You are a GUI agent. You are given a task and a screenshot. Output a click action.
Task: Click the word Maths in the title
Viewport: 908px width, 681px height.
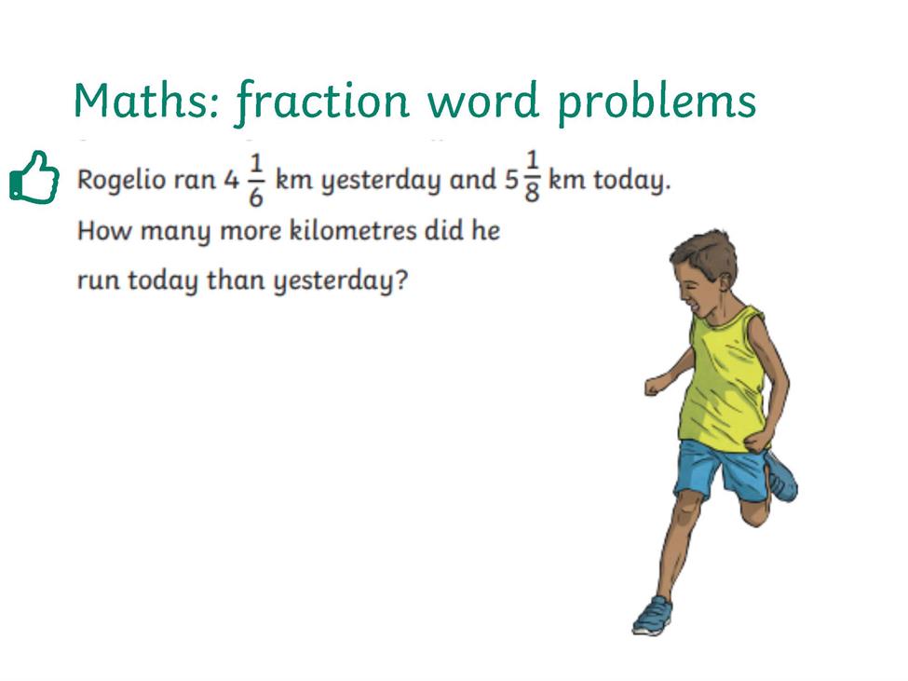tap(146, 101)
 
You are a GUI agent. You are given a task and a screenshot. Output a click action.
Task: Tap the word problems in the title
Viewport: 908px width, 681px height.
tap(657, 103)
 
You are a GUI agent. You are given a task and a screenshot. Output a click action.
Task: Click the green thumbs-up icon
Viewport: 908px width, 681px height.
tap(34, 177)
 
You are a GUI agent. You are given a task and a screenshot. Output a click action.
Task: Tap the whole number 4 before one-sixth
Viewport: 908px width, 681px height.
tap(231, 180)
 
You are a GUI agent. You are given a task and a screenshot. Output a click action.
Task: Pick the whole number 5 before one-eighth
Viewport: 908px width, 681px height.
tap(510, 180)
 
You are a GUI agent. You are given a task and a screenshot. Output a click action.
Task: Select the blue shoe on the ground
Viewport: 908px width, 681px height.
tap(652, 616)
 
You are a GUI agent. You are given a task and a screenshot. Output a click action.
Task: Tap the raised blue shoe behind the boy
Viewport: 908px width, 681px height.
tap(781, 477)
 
